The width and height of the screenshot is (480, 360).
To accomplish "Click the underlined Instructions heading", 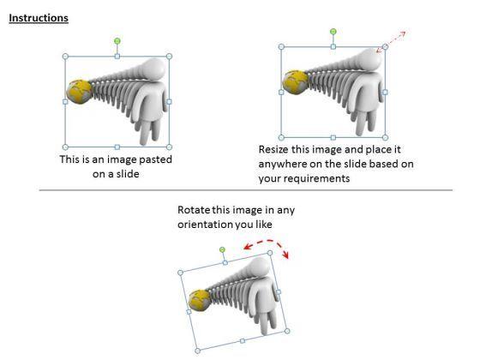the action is [39, 18].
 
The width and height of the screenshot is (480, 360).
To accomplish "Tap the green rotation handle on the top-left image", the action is [117, 41].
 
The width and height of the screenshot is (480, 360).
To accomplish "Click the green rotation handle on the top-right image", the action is [333, 31].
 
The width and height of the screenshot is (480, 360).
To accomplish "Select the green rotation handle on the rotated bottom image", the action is [222, 249].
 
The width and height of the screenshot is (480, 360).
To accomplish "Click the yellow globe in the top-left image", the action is [79, 92].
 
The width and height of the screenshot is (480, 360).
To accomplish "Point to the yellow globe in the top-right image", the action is [295, 82].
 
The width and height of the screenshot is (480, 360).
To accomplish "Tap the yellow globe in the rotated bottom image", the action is [199, 301].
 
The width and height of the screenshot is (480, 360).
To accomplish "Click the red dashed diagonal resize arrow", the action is [391, 42].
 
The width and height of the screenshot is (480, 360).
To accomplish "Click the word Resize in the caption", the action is [273, 149].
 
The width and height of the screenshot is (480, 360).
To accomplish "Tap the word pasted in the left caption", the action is [155, 159].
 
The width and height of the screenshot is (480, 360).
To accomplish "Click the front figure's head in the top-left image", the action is [154, 69].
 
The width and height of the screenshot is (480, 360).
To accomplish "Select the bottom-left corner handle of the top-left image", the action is [65, 147].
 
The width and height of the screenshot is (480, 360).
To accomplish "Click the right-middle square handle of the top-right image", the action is [385, 93].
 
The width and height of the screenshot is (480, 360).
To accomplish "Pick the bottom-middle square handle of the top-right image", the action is [333, 138].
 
